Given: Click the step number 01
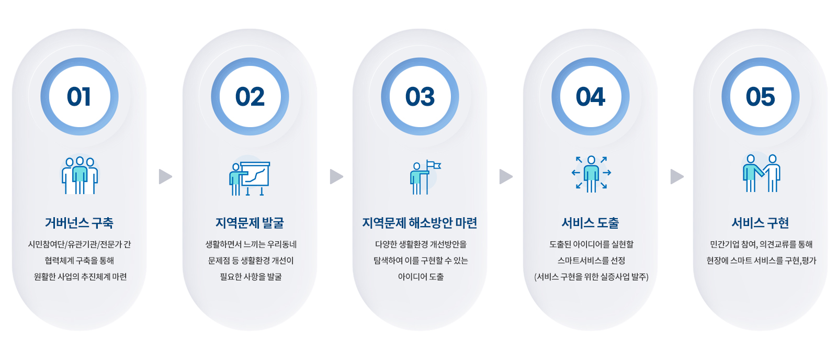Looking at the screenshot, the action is pos(79,97).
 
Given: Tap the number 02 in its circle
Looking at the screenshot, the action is pos(250,97).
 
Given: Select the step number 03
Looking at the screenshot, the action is pos(420,97).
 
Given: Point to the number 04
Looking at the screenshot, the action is pos(591,97).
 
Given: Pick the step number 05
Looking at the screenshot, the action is pos(761,97).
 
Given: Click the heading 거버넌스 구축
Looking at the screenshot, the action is pos(79,223).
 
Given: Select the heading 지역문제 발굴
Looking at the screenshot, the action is pos(250,223).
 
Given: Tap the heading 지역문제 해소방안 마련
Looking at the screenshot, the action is pos(420,223).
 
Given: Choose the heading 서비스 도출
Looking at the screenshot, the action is pos(591,223).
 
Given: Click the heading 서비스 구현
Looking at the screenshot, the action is pos(761,223).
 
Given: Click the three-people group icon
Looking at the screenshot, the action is pos(80,175).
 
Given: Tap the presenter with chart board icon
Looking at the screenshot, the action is pos(250,178).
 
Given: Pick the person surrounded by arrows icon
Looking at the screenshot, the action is pos(591,174).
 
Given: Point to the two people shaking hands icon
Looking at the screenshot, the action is pos(762,173).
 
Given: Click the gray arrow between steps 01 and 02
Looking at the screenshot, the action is pos(165,177).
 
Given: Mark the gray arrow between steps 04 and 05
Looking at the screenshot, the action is pos(677,177).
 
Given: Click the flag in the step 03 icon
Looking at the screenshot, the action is pos(434,165).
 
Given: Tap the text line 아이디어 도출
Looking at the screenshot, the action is pos(421,277).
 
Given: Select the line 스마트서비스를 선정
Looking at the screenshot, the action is pos(591,261).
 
